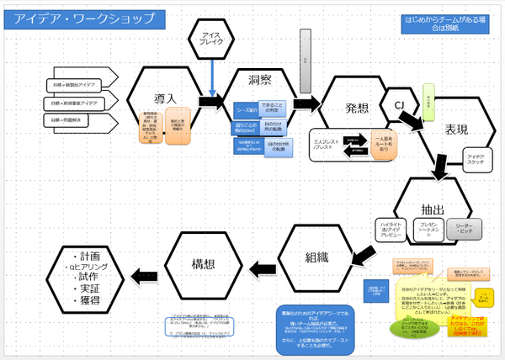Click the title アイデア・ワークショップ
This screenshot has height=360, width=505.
[x=84, y=18]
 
